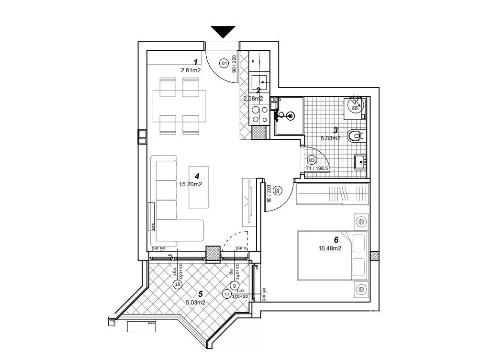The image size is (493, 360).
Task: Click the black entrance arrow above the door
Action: click(223, 32)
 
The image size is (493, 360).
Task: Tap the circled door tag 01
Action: click(224, 63)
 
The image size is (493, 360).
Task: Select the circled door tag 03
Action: click(312, 160)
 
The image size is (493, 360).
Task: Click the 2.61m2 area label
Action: click(190, 70)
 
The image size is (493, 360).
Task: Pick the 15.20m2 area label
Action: click(190, 183)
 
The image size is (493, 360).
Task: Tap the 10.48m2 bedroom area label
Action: click(329, 247)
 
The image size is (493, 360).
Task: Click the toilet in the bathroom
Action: click(354, 137)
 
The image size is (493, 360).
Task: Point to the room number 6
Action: click(336, 240)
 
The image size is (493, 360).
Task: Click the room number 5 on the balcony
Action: click(201, 294)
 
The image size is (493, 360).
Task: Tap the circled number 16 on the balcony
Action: click(178, 284)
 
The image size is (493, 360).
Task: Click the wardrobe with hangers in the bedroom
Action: click(332, 194)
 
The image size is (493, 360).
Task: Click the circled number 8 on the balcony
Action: click(235, 285)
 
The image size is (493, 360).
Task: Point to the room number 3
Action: click(336, 130)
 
